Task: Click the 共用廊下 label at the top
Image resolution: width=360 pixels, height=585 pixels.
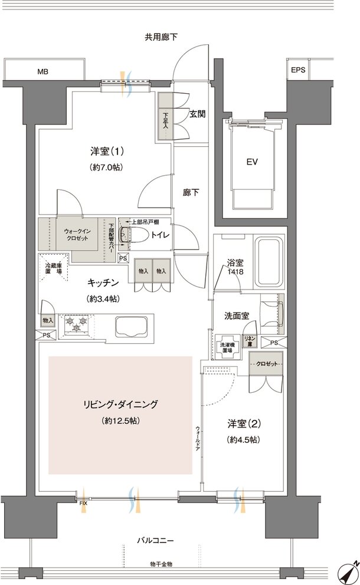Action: [161, 37]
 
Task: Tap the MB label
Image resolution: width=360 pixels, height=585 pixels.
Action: [43, 72]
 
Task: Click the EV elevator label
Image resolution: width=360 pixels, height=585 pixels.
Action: [252, 160]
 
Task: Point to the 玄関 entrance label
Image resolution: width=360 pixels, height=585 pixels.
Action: [198, 114]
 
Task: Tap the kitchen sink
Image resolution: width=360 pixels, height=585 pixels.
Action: [130, 325]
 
